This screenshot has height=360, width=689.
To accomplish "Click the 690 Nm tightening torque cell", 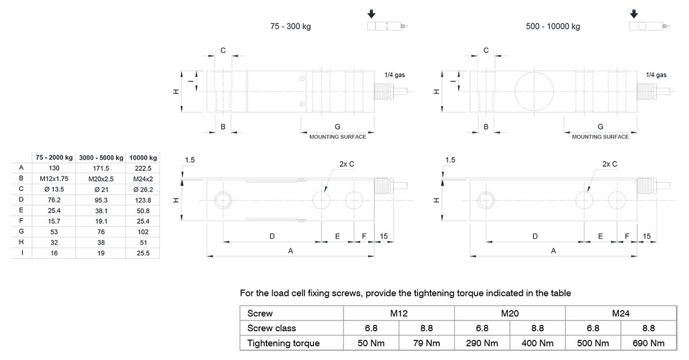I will [x=648, y=343].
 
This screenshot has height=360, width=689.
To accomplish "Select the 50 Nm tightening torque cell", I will [x=370, y=343].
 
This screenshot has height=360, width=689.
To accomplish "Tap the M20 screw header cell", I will [x=509, y=313].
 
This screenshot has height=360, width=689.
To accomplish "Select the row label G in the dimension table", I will [x=21, y=231].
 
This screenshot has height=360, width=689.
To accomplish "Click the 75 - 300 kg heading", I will [x=291, y=26].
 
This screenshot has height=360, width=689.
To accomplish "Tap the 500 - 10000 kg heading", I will [x=553, y=26].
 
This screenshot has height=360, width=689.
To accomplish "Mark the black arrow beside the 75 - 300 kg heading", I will [x=371, y=14].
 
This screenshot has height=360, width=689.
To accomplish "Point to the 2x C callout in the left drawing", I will [x=347, y=164].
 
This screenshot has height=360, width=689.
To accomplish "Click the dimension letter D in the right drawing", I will [x=535, y=236].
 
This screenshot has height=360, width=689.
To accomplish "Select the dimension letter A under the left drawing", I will [x=291, y=251].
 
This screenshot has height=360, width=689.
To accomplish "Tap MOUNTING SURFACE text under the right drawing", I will [x=600, y=137].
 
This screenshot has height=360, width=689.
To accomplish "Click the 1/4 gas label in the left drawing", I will [x=395, y=75].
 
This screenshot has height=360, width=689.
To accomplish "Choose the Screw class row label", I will [x=272, y=328].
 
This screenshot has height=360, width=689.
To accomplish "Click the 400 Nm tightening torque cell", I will [x=537, y=343].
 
